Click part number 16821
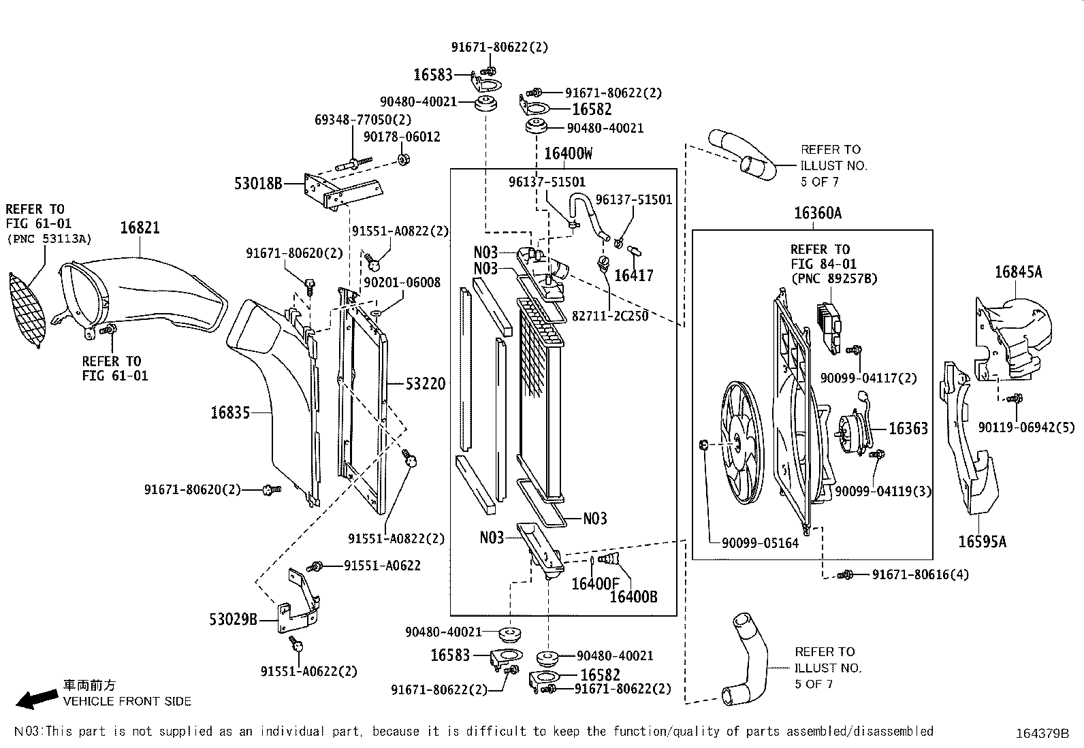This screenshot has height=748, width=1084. point(140,227)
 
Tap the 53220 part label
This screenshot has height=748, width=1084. point(426,384)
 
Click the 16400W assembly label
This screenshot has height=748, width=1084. point(568,154)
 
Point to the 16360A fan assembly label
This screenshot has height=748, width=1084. point(817,214)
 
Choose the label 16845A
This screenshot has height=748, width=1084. point(1018,272)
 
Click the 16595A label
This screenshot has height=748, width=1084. point(982,542)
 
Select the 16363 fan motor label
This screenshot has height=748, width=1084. point(908,428)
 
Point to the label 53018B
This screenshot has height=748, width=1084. point(257,183)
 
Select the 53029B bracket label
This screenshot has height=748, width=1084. point(233,619)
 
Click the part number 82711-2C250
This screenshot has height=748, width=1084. point(609,316)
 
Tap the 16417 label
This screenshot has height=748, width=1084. point(633,276)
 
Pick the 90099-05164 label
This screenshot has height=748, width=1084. point(760,543)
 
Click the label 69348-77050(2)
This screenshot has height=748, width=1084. point(363,120)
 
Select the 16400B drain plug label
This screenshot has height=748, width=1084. point(633,597)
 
